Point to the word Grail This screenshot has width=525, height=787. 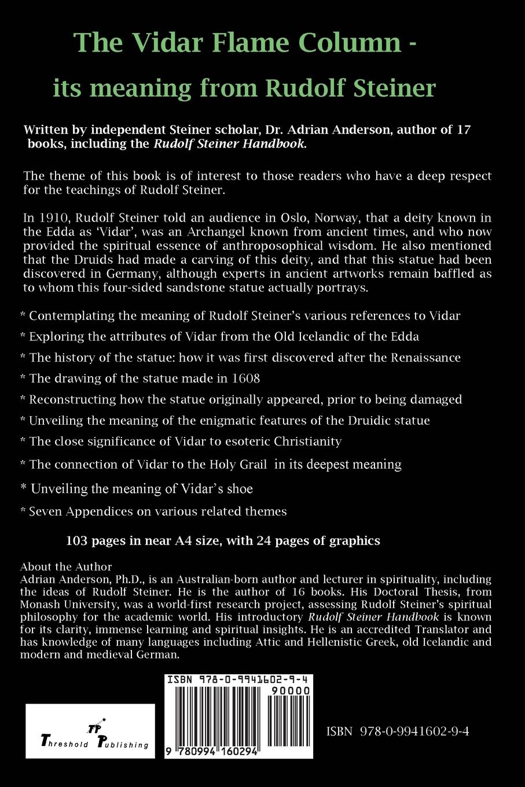coord(251,464)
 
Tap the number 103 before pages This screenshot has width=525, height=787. coord(76,540)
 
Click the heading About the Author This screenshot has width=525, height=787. coord(65,567)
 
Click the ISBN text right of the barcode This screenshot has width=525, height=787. coord(397,731)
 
